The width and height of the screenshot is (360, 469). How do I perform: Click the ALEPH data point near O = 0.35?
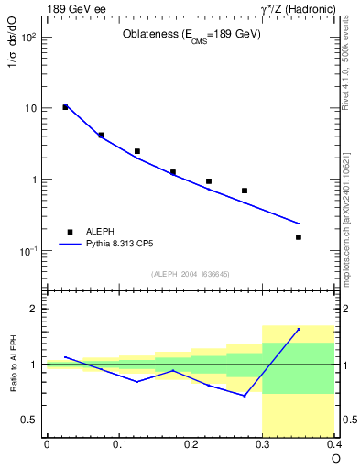point(299,237)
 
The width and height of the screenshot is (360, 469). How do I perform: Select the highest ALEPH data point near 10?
point(65,107)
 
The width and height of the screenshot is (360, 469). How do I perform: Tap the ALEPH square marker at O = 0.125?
point(137,151)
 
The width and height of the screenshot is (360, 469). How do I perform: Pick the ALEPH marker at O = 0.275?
point(245,191)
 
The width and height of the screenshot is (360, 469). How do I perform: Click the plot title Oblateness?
point(191,35)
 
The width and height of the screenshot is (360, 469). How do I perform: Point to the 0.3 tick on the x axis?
point(263,444)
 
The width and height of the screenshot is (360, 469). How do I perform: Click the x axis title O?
point(335,457)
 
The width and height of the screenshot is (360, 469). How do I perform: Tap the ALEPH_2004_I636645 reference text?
point(190,274)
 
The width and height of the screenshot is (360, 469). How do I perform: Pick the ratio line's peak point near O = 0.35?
point(299,329)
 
